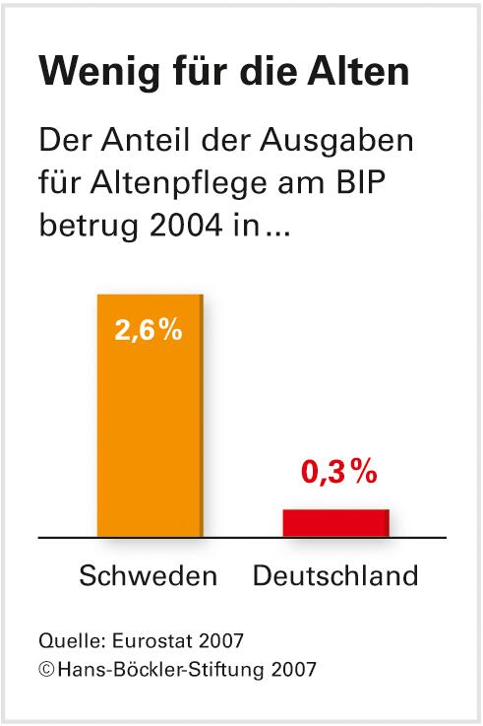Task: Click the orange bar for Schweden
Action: (x=149, y=433)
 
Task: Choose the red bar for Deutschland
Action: (x=335, y=523)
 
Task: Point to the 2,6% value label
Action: (x=149, y=331)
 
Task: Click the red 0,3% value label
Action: (x=338, y=473)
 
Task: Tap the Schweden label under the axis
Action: (x=148, y=575)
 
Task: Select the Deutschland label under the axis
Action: (x=335, y=575)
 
